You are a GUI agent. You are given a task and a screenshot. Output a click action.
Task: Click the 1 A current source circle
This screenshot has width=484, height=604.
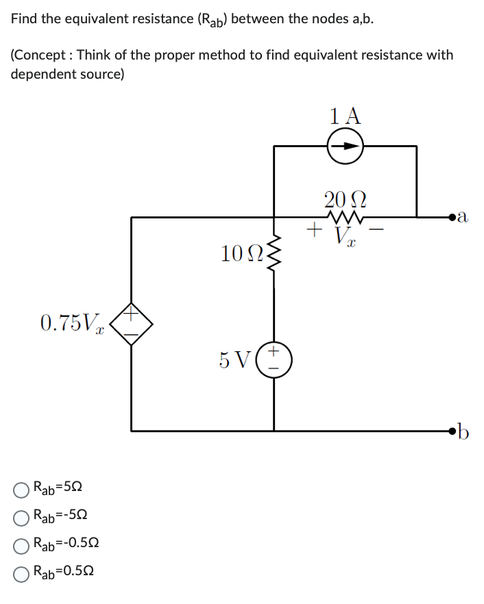click(x=345, y=146)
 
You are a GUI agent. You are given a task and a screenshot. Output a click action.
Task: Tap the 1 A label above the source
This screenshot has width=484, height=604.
click(x=345, y=115)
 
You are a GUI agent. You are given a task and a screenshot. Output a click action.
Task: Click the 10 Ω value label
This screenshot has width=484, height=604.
click(x=241, y=254)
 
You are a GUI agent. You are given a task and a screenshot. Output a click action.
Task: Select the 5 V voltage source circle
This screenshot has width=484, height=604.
click(x=274, y=360)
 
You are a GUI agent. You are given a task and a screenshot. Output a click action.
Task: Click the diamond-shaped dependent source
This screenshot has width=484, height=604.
click(x=132, y=325)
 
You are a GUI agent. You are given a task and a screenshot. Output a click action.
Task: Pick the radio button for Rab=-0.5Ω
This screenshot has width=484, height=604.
click(x=22, y=543)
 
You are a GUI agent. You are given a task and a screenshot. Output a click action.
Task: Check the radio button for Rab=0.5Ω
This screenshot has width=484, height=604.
click(x=22, y=570)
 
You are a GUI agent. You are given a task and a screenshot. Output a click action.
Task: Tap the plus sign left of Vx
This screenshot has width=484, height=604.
click(x=315, y=228)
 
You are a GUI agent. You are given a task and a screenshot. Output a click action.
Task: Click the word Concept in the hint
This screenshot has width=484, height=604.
click(x=40, y=55)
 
